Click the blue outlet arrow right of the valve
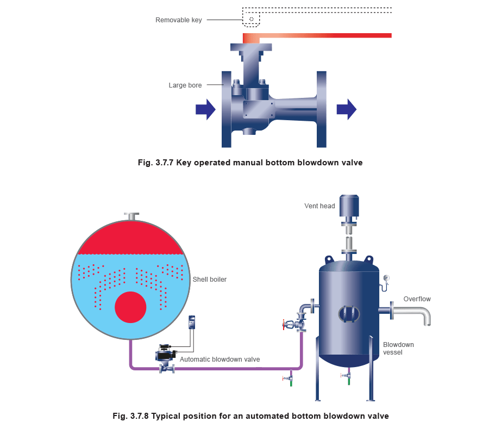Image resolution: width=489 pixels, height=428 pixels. point(346,110)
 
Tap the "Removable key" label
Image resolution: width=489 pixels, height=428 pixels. point(179,20)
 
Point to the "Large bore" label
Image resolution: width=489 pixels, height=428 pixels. point(185,85)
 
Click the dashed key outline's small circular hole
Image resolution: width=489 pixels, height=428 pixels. point(251,20)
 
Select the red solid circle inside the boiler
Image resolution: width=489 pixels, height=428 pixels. point(130,307)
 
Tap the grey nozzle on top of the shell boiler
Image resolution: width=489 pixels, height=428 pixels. point(130,216)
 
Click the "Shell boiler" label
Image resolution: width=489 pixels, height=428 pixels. point(210,280)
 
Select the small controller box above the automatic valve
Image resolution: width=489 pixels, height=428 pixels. point(192,322)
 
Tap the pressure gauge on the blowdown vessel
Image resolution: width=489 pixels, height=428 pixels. point(386,279)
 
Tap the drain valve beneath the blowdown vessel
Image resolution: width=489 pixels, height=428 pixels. point(344,375)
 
